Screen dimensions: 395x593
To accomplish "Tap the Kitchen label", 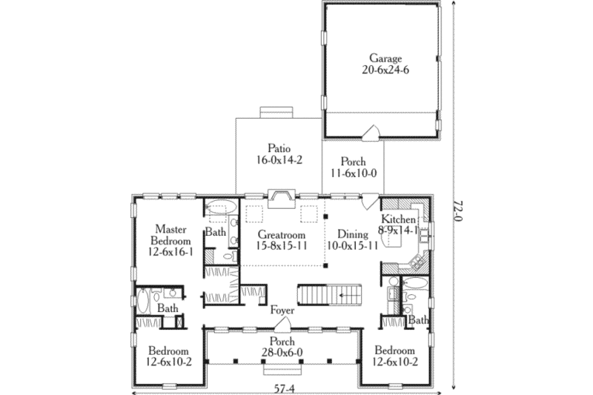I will click(397, 220).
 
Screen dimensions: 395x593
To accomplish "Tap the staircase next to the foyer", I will click(328, 295).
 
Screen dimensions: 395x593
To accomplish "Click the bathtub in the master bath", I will click(221, 207).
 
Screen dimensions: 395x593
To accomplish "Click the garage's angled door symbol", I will click(370, 133).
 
